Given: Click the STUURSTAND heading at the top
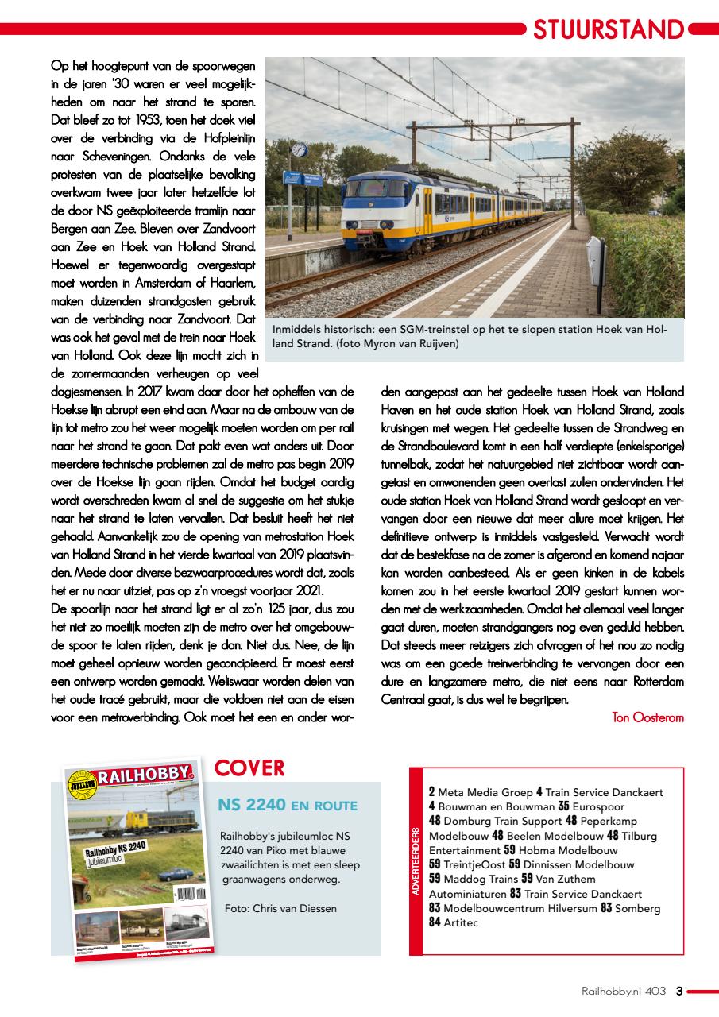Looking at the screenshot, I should click(608, 29).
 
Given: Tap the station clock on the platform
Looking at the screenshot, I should click(299, 150).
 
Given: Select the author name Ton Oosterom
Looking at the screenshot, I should click(647, 717).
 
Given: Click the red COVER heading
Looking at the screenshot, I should click(249, 768).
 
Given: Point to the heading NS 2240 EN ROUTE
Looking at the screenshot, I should click(288, 806).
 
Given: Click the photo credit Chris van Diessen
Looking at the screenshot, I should click(280, 908).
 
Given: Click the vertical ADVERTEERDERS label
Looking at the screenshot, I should click(416, 860).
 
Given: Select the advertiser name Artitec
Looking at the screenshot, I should click(461, 922).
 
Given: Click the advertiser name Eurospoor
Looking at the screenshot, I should click(608, 806).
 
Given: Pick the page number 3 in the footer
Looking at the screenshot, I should click(678, 991).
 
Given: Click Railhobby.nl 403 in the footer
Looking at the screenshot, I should click(624, 991).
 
